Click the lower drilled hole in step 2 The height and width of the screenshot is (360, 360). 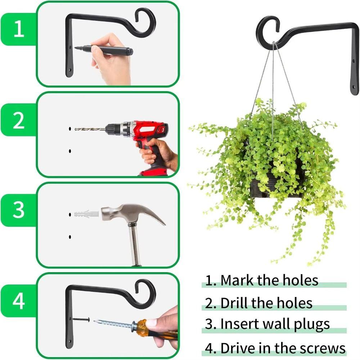click(70, 151)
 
